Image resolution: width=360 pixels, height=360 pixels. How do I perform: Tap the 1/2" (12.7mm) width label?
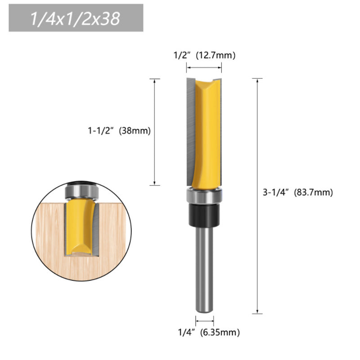pos(204,56)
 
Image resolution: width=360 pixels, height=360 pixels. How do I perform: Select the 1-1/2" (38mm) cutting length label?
pos(118,131)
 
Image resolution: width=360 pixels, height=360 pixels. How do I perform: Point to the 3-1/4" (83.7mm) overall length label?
pos(297,192)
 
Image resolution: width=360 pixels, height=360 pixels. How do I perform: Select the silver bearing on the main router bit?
pos(204,196)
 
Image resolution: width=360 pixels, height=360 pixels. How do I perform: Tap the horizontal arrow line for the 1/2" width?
pos(204,68)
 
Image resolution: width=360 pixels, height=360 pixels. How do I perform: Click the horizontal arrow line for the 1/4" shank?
pos(204,321)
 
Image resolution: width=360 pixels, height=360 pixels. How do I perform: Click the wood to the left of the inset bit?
pos(52,229)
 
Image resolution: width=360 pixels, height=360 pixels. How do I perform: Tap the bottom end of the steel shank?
pos(204,310)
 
